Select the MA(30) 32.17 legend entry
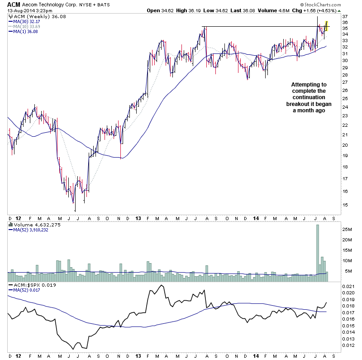26,21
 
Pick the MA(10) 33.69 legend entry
26,26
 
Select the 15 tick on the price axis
345,205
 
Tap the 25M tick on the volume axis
347,229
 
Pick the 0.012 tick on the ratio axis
348,346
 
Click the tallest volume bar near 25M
318,250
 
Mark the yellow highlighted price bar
326,27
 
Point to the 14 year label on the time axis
256,218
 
